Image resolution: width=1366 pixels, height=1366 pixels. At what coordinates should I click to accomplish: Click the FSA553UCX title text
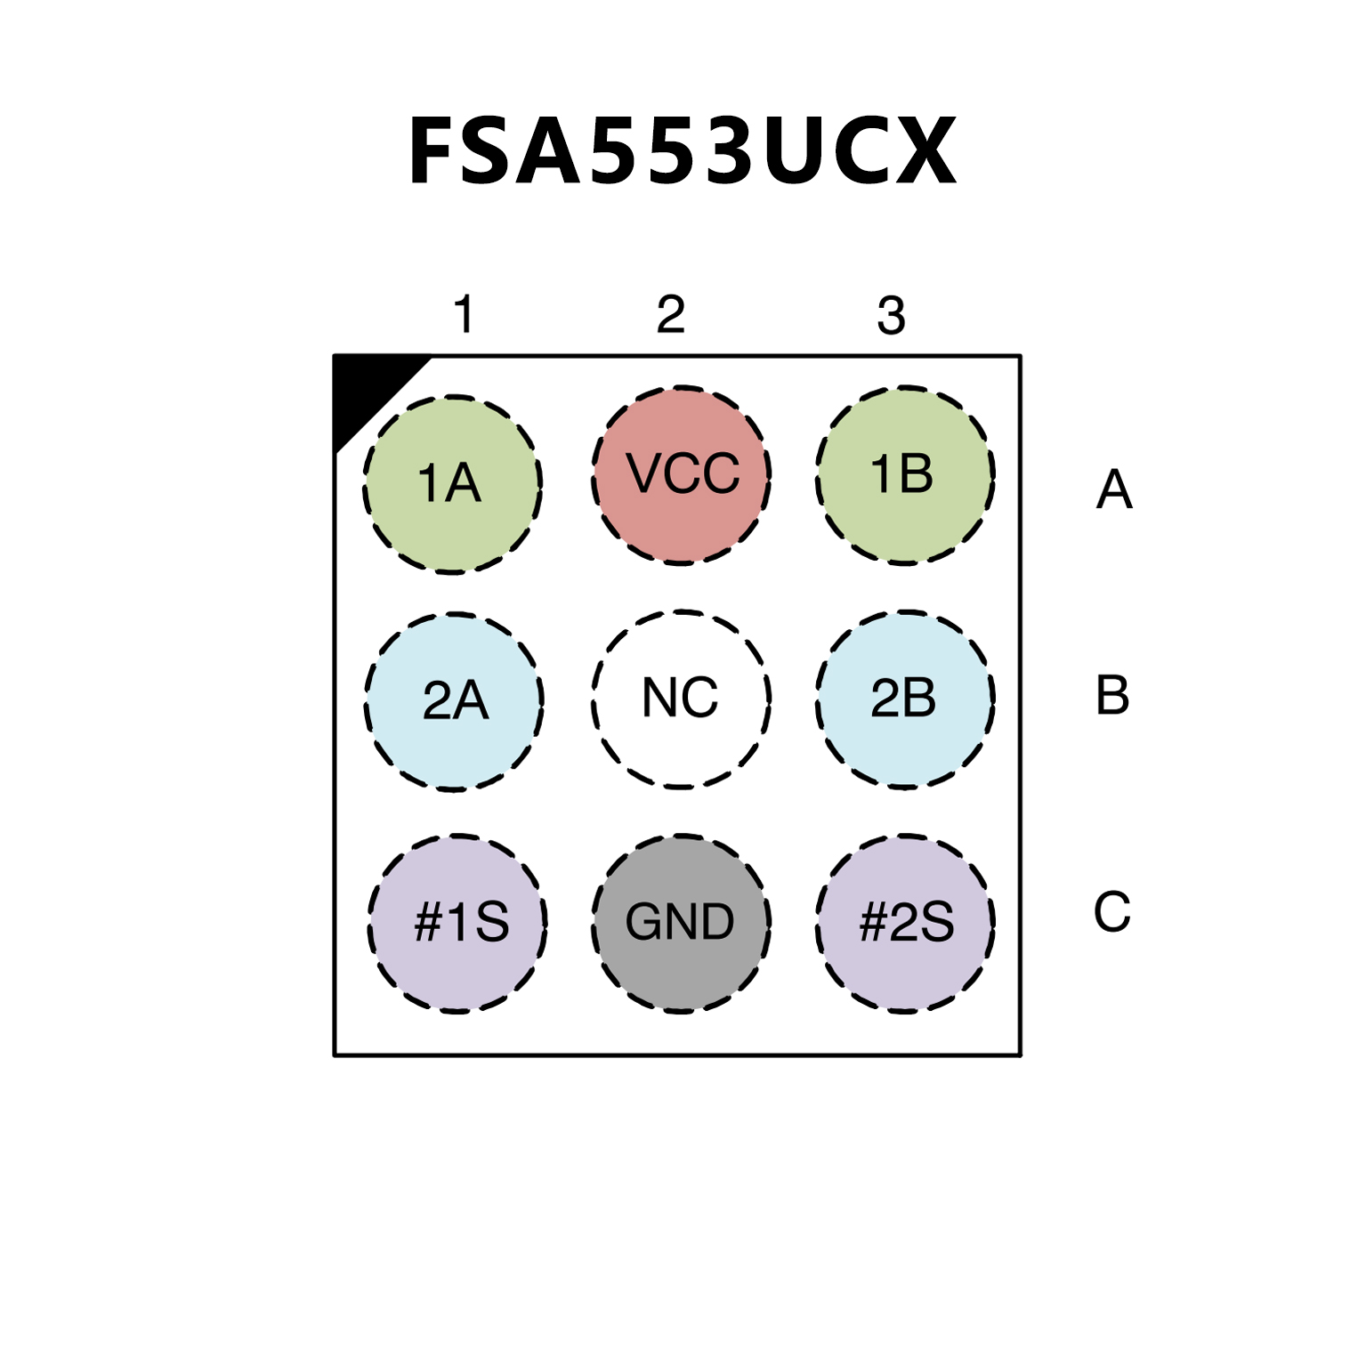pos(682,152)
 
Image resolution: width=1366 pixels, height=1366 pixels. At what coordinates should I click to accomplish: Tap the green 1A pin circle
pos(452,484)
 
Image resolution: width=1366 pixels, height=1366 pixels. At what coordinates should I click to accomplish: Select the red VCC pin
pos(681,474)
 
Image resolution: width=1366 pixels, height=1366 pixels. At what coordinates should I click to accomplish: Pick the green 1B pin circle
pos(905,474)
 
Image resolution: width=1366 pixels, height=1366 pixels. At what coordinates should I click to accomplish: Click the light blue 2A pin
pos(454,701)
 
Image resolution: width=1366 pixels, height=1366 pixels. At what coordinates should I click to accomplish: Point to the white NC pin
pos(681,699)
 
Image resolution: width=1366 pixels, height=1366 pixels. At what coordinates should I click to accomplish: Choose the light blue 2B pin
pos(905,699)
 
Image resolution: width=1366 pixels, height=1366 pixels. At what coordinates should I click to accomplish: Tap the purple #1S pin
pos(457,923)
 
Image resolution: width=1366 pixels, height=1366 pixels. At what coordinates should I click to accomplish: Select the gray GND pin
pos(681,923)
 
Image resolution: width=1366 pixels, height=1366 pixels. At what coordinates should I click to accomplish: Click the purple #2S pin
pos(905,923)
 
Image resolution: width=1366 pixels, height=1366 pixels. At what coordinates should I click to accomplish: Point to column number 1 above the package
pos(464,314)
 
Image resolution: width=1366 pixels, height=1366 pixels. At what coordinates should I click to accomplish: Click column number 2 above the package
pos(671,314)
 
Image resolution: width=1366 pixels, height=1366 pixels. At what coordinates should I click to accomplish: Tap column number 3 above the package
pos(891,315)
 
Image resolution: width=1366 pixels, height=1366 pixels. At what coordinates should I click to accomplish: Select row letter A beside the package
pos(1114,489)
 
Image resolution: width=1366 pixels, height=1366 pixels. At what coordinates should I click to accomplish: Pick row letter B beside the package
pos(1112,695)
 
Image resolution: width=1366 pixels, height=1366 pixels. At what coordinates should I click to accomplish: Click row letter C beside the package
pos(1111,911)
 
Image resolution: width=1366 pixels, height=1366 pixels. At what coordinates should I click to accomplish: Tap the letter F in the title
pos(436,152)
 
